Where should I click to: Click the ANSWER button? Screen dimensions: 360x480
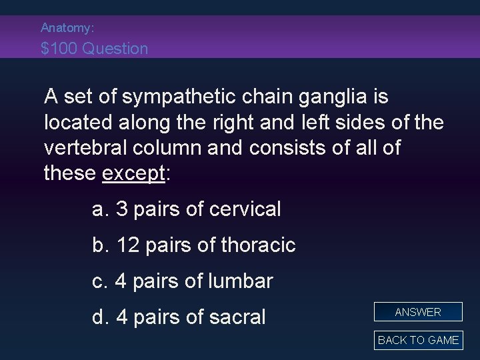click(x=418, y=312)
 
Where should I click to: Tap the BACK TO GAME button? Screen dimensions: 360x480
click(x=418, y=340)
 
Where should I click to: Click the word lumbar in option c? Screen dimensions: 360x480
click(x=241, y=281)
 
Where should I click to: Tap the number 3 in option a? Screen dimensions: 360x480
click(x=121, y=209)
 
